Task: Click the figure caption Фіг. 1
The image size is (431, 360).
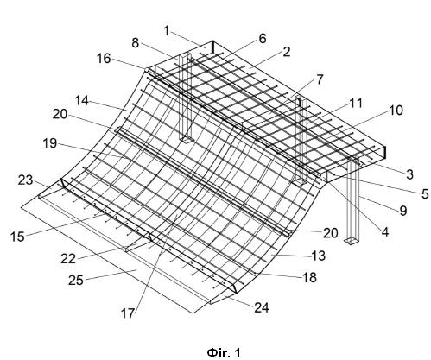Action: tap(224, 352)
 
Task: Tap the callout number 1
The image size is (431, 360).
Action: tap(167, 31)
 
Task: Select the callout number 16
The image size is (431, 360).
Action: tap(104, 59)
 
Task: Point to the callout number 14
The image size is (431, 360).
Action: tap(82, 101)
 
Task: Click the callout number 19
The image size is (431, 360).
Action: tap(50, 143)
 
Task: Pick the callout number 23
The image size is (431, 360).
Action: tap(26, 180)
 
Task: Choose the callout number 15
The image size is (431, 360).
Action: tap(18, 237)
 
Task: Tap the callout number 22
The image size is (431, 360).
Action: tap(68, 259)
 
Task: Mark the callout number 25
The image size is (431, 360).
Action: tap(76, 280)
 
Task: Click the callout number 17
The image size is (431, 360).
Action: tap(127, 313)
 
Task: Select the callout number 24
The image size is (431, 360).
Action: tap(262, 308)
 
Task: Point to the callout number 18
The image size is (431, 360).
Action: tap(309, 277)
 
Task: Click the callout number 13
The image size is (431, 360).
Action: tap(319, 256)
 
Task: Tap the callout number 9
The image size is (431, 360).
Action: tap(403, 211)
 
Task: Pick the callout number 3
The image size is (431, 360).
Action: tap(409, 174)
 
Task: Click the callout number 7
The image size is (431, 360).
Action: tap(320, 79)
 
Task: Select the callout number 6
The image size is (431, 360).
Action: tap(263, 39)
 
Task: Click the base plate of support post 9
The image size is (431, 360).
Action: tap(352, 241)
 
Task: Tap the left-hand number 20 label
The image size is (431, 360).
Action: tap(60, 115)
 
